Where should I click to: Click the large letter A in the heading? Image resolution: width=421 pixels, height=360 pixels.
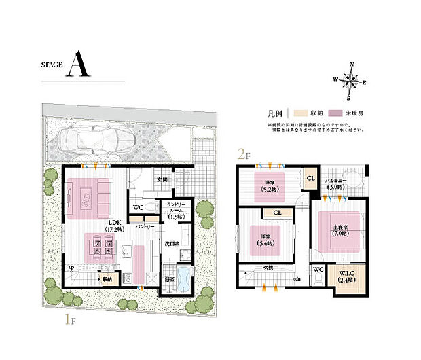coord(78,67)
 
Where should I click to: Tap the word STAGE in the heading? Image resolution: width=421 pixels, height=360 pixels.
coord(51,66)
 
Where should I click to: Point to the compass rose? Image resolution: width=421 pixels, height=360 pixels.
coord(351,82)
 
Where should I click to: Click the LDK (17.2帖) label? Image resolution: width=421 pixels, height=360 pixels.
coord(112,226)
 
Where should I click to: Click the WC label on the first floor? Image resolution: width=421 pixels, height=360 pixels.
coord(138,207)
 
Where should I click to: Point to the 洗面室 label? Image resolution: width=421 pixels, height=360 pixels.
coord(171,242)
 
